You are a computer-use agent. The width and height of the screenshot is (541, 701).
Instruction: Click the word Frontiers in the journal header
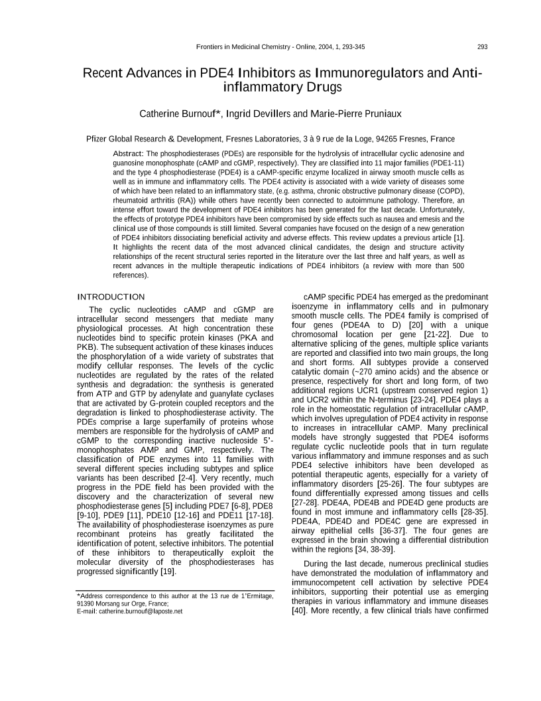pos(211,46)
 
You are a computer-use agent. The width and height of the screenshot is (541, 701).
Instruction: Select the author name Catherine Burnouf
pos(179,114)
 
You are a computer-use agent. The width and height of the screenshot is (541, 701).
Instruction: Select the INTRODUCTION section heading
pos(111,296)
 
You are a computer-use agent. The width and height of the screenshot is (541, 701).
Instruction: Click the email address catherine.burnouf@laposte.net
pos(141,611)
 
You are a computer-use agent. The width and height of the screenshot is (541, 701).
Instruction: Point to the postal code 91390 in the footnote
pos(88,604)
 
